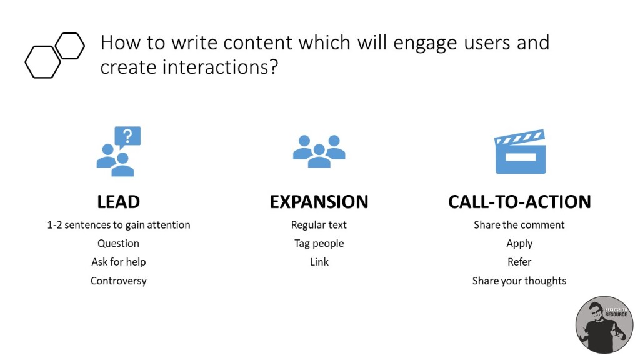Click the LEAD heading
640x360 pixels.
[x=118, y=202]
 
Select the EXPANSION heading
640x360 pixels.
[x=319, y=202]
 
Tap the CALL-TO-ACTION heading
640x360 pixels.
[x=519, y=202]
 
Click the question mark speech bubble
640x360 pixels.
[x=127, y=137]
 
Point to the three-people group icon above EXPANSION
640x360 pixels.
[x=319, y=151]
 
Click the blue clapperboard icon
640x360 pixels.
[x=520, y=151]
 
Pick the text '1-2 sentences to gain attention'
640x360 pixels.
[x=119, y=225]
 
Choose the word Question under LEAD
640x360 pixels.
[x=118, y=243]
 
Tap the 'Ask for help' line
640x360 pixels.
[x=118, y=262]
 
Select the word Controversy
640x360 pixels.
[x=118, y=281]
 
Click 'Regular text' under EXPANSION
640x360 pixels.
[x=319, y=225]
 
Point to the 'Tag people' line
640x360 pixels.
[x=319, y=243]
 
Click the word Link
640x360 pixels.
[x=319, y=262]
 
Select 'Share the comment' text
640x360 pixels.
[x=519, y=225]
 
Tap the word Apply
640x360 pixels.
[x=519, y=244]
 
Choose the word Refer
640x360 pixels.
[x=519, y=262]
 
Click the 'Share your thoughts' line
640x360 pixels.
[x=519, y=281]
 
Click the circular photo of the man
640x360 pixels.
[x=604, y=325]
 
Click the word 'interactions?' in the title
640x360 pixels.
[x=220, y=67]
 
